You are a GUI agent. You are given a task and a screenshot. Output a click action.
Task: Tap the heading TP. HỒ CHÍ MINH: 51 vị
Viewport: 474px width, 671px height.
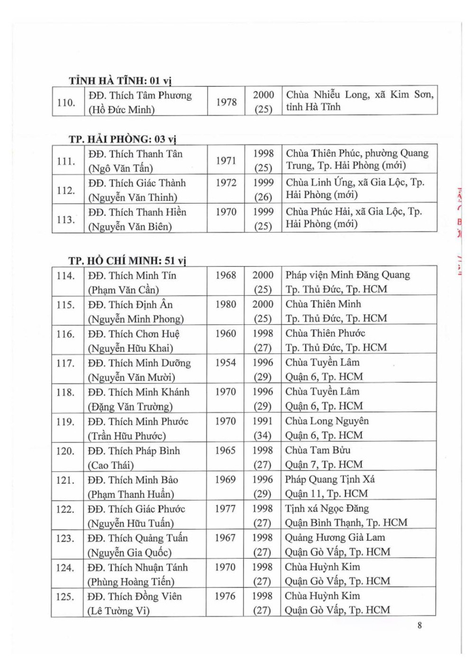(x=127, y=260)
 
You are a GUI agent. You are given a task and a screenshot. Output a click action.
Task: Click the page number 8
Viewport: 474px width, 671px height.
(x=419, y=625)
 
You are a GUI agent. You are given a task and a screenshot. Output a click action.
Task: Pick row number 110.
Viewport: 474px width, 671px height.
(x=66, y=102)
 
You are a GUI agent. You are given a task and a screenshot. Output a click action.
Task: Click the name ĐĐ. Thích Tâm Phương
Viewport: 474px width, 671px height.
(x=140, y=95)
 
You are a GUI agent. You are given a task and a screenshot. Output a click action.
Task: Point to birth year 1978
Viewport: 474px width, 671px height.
(x=226, y=102)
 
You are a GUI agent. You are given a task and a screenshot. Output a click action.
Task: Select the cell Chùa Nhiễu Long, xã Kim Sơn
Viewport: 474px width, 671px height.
(x=359, y=94)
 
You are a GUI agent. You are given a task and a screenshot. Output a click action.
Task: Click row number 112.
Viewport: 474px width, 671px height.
(x=65, y=190)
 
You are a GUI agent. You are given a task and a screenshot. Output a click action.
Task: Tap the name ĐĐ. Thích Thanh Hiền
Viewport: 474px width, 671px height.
(x=137, y=212)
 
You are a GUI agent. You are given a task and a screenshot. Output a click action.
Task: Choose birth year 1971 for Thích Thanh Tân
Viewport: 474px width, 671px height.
(x=226, y=161)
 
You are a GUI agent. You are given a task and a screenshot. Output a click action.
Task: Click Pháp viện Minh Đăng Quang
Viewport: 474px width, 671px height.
(x=347, y=275)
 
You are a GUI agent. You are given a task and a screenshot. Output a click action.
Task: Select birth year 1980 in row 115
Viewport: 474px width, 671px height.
(x=225, y=304)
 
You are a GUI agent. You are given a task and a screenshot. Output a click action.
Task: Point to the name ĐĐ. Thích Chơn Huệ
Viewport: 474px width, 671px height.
(x=134, y=333)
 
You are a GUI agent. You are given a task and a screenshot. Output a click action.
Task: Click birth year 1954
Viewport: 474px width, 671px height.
(x=225, y=363)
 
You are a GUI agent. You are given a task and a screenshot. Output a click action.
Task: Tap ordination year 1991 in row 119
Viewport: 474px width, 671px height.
(x=263, y=421)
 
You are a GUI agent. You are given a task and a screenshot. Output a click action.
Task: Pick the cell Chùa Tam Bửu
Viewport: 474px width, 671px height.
(x=318, y=450)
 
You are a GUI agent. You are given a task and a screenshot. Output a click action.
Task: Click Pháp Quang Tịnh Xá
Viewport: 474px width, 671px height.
(x=329, y=479)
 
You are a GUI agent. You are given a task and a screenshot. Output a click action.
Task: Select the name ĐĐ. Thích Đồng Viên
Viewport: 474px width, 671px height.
(x=134, y=596)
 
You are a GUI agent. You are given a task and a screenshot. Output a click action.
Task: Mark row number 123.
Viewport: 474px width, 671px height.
(x=65, y=538)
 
